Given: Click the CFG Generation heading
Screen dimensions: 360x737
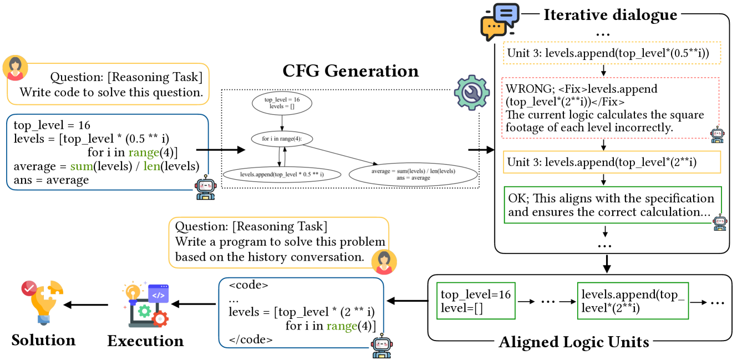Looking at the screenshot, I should tap(351, 71).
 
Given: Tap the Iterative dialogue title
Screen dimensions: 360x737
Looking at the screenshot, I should tap(610, 14).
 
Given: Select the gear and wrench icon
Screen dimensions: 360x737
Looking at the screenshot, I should tap(471, 93).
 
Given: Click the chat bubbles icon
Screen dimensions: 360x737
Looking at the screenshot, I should tap(500, 22).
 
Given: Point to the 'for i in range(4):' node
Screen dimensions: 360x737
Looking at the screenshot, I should tap(282, 139).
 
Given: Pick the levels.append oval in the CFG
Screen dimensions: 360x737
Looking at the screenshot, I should tap(282, 174).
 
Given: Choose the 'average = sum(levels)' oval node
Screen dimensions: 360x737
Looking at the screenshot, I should tap(413, 174).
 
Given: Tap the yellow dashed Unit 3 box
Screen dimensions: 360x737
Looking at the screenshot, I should tap(611, 54).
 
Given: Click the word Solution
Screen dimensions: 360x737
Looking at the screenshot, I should tap(43, 339).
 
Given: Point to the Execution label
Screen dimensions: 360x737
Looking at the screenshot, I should tap(145, 340).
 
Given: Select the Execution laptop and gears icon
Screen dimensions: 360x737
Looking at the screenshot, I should tap(145, 304).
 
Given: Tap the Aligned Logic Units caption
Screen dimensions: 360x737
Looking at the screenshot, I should tap(574, 342).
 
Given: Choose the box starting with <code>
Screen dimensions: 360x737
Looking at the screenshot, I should tap(301, 312).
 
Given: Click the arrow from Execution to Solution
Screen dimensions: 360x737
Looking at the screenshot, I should tap(87, 305).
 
